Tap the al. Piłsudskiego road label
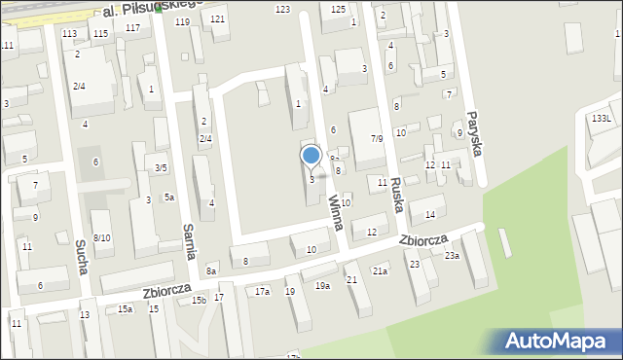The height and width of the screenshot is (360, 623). pyautogui.click(x=151, y=9)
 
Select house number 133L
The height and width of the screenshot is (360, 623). pyautogui.click(x=602, y=118)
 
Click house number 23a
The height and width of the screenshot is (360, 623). pyautogui.click(x=452, y=256)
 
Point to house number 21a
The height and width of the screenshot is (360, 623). pyautogui.click(x=380, y=270)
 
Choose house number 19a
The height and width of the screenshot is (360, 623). pyautogui.click(x=321, y=285)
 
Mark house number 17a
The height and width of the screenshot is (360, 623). pyautogui.click(x=262, y=291)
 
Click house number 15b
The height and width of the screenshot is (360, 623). pyautogui.click(x=199, y=300)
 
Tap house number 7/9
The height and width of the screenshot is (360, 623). pyautogui.click(x=376, y=139)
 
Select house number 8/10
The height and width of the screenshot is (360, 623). pyautogui.click(x=101, y=238)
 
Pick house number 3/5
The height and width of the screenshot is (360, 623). pyautogui.click(x=162, y=167)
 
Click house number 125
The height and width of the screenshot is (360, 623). pyautogui.click(x=338, y=9)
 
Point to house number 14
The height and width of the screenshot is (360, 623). pyautogui.click(x=429, y=214)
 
